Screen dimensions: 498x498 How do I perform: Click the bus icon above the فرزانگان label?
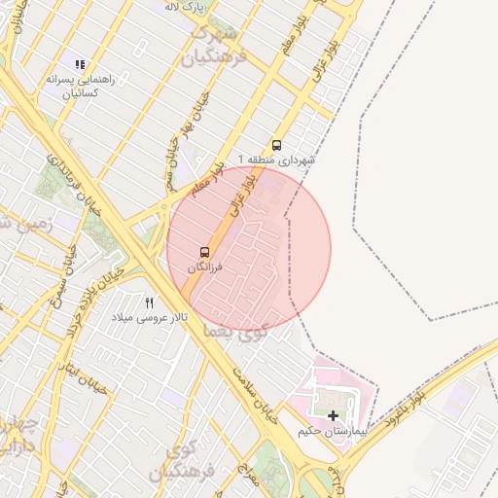(204, 252)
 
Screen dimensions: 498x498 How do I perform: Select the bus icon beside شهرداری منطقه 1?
(277, 146)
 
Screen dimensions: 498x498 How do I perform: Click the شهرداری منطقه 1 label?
(277, 160)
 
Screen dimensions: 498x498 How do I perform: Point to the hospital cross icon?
(334, 415)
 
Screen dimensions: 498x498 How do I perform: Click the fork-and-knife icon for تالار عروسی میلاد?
(149, 303)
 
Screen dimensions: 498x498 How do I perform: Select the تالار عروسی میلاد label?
(149, 317)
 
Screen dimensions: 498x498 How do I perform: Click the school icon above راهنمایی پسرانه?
(80, 65)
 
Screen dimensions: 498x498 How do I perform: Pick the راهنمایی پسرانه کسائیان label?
(81, 85)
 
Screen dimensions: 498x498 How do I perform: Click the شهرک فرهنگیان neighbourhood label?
(214, 45)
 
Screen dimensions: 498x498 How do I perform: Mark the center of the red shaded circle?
(249, 249)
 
